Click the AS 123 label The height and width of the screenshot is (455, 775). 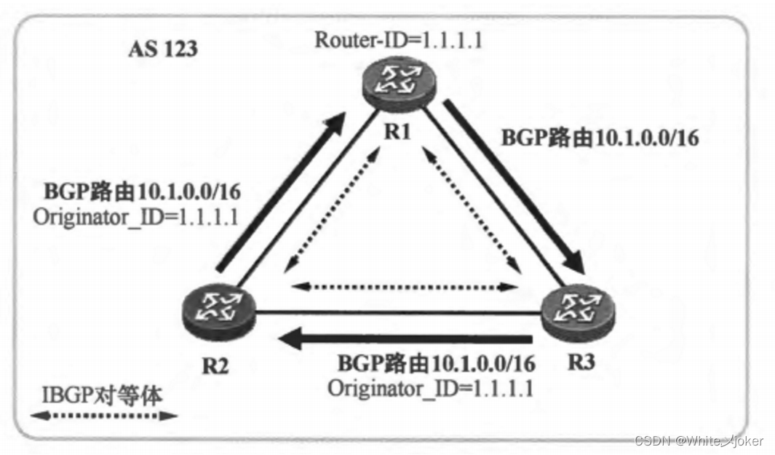point(163,50)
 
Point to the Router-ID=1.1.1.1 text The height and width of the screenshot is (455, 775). point(398,39)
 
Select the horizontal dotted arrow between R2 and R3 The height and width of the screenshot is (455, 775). point(405,286)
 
